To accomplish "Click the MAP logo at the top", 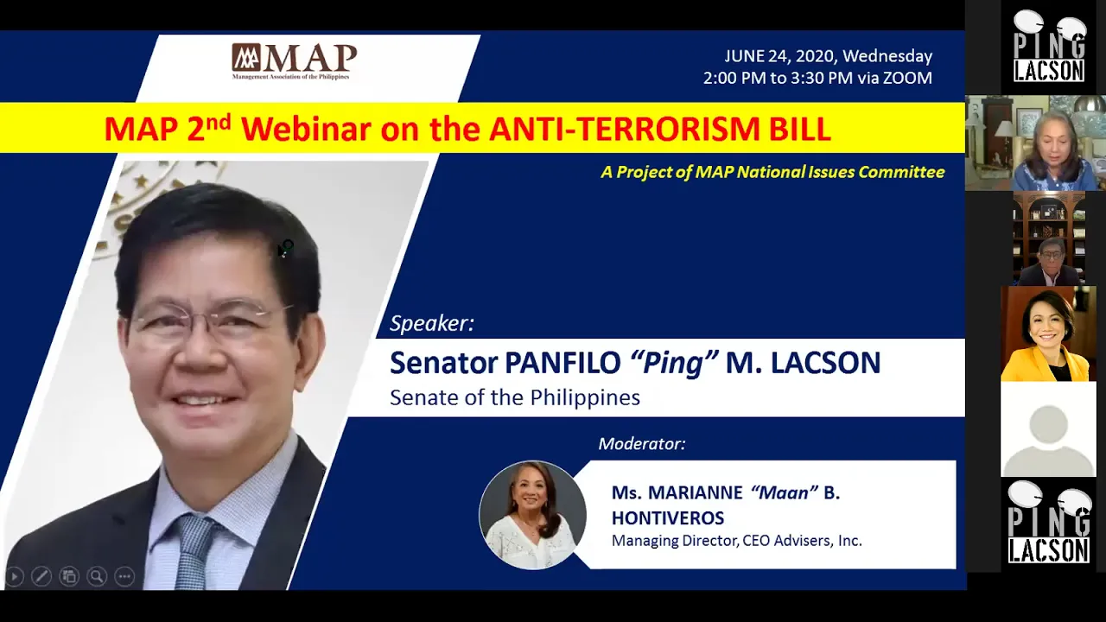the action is (295, 61).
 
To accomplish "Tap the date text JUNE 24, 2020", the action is (779, 56).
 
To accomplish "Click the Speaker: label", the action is (432, 323).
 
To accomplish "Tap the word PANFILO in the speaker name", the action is (563, 363).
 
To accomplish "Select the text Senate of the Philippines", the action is (515, 397).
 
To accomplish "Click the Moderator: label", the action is (642, 444).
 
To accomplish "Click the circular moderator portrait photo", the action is (533, 515).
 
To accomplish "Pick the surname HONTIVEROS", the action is (668, 517).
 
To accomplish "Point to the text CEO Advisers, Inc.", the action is (803, 541).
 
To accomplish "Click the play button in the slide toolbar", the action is (15, 576).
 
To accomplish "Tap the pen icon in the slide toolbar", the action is (41, 576).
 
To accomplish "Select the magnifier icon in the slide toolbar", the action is (97, 576).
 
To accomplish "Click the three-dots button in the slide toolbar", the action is (124, 576).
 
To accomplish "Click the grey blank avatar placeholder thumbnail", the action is (1048, 429).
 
